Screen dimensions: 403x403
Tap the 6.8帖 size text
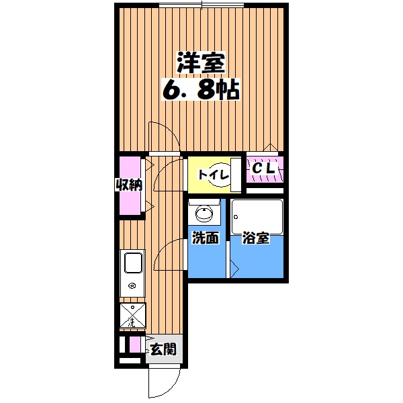[x=200, y=91]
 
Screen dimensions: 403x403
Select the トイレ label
[x=213, y=175]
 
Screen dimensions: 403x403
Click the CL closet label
[x=264, y=170]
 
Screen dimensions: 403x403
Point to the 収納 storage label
[x=131, y=185]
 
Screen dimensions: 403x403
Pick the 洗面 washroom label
[x=205, y=238]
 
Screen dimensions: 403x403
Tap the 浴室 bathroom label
[x=256, y=238]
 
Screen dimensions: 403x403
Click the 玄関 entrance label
[x=163, y=349]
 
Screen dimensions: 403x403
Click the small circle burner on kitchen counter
[x=132, y=285]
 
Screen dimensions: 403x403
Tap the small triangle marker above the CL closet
[x=269, y=148]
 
